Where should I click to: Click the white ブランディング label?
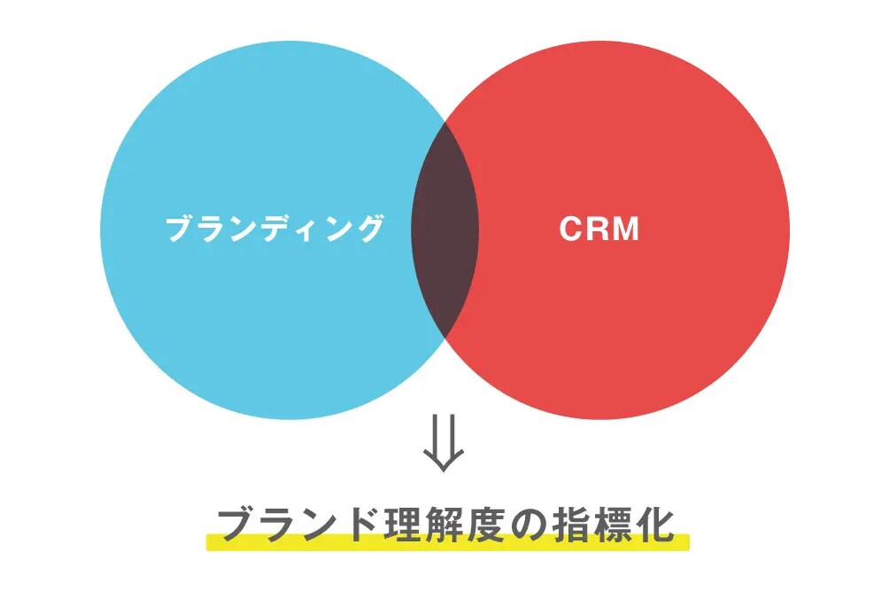(x=275, y=229)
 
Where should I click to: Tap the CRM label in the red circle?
(x=599, y=229)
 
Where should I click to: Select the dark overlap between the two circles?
(x=444, y=229)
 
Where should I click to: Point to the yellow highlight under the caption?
(x=447, y=542)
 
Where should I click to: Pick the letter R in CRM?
(x=597, y=229)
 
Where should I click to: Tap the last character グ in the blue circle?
(x=370, y=229)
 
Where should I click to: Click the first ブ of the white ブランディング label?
(x=181, y=229)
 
